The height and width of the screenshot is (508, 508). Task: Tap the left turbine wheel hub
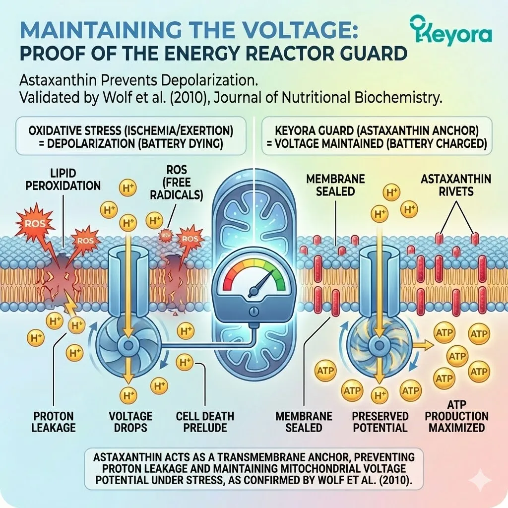pos(128,345)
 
